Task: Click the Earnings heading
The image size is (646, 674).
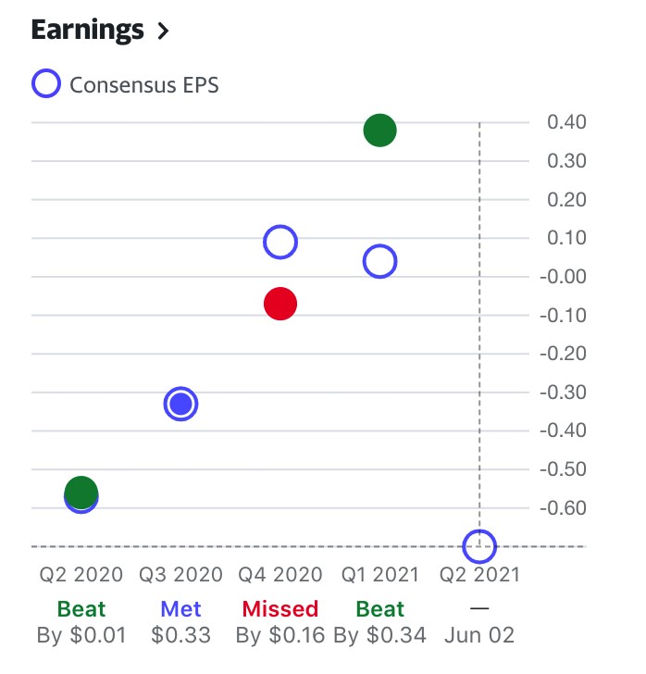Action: (x=88, y=30)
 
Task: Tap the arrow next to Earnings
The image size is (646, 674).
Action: (x=164, y=31)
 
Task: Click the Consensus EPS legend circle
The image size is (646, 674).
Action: (x=46, y=85)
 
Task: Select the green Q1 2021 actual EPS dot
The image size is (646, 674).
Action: (x=379, y=131)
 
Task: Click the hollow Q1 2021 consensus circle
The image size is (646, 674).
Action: (x=379, y=262)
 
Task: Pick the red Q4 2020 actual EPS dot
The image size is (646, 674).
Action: (x=280, y=304)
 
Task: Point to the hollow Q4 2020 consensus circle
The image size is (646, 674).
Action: (x=280, y=242)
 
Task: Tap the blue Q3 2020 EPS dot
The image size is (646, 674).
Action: (x=181, y=404)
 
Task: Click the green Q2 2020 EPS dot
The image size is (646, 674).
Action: (x=81, y=492)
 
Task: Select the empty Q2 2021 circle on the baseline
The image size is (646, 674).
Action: (x=479, y=546)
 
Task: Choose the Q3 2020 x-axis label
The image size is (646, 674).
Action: (x=180, y=574)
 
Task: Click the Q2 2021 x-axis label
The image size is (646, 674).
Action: (x=479, y=574)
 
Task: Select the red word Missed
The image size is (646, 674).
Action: (x=280, y=609)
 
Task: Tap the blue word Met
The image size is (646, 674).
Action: (x=180, y=609)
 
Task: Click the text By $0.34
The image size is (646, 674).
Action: (x=379, y=636)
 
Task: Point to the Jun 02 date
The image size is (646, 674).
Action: (x=479, y=636)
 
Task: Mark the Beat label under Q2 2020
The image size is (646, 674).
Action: (x=81, y=609)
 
